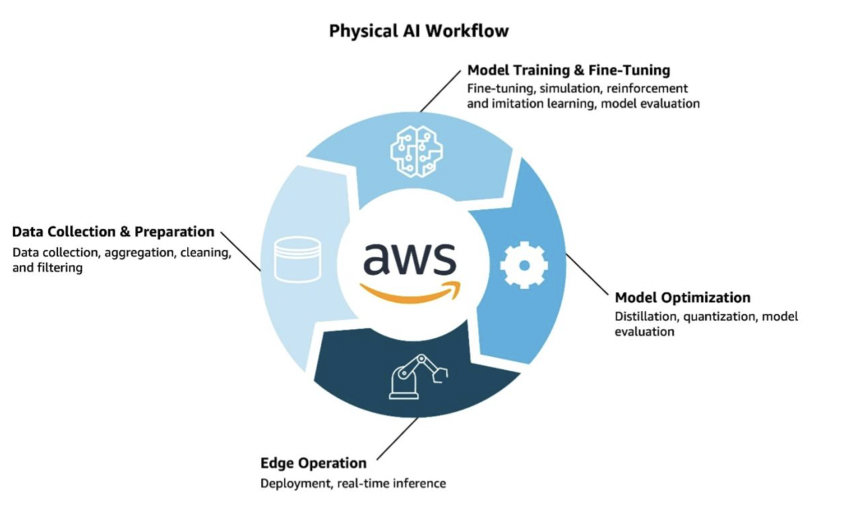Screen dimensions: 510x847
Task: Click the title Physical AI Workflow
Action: (419, 31)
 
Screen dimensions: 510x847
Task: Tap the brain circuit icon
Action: (416, 151)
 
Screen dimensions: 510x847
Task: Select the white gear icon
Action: (524, 265)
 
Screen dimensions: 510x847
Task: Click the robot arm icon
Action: (417, 377)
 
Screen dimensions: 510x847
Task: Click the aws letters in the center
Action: (409, 259)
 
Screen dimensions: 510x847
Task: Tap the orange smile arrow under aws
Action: (411, 293)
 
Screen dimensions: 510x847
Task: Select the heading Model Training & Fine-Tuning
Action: (568, 70)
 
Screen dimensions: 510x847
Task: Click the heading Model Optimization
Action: (682, 297)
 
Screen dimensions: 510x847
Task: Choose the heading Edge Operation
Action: (313, 463)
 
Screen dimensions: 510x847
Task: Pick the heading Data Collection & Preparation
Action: (113, 232)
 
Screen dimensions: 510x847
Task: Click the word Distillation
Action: (646, 316)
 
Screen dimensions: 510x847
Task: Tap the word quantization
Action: (719, 316)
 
